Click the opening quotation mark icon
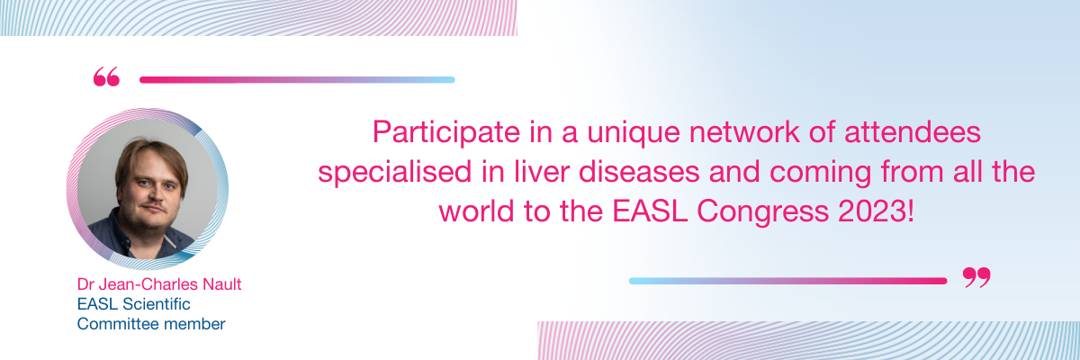coord(106,76)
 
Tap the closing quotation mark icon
coord(976,277)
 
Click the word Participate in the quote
coord(446,132)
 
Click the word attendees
coord(913,132)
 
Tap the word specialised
coord(394,173)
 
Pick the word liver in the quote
coord(542,172)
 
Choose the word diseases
coord(639,172)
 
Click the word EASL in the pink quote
coord(650,211)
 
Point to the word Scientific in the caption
coord(157,304)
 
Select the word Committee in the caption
coord(112,324)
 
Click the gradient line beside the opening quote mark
coord(297,80)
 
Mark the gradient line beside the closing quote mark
coord(787,281)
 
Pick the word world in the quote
coord(476,211)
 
